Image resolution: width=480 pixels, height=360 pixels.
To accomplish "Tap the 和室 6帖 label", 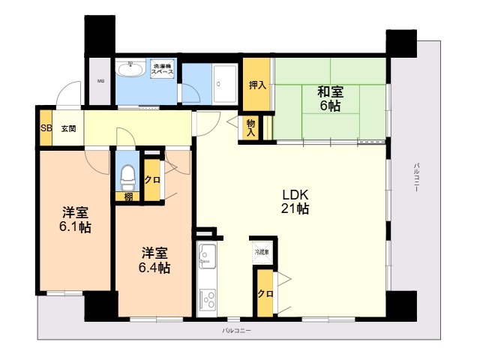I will (x=330, y=99).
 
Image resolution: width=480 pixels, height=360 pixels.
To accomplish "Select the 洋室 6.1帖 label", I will (x=75, y=218).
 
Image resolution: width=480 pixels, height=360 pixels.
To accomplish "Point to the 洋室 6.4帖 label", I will (x=153, y=259).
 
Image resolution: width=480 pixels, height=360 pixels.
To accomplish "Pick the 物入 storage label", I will (x=250, y=128).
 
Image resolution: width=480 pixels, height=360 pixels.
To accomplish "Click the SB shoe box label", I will (x=46, y=128).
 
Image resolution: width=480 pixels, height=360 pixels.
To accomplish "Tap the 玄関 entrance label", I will (x=68, y=128).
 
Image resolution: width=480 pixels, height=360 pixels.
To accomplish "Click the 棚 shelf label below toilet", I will (x=128, y=196).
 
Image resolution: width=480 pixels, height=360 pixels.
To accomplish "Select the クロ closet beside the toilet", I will (x=151, y=180).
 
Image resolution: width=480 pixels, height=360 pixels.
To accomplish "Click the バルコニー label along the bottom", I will (x=236, y=331).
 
